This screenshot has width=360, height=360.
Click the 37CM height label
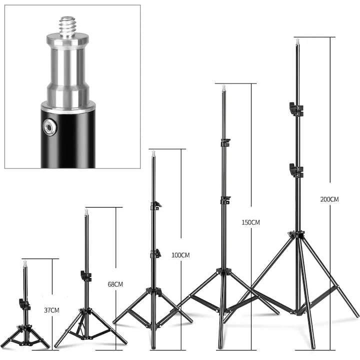click(51, 310)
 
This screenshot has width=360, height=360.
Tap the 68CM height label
click(115, 284)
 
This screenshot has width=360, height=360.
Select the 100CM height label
click(180, 255)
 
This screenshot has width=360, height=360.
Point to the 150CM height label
click(250, 222)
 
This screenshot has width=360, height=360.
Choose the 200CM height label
click(329, 199)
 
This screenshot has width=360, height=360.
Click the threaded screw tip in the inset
click(67, 26)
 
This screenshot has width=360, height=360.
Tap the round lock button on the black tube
click(49, 127)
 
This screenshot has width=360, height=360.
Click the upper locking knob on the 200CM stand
click(296, 109)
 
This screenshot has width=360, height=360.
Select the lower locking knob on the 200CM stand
click(296, 170)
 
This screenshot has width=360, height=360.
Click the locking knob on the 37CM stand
click(24, 304)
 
